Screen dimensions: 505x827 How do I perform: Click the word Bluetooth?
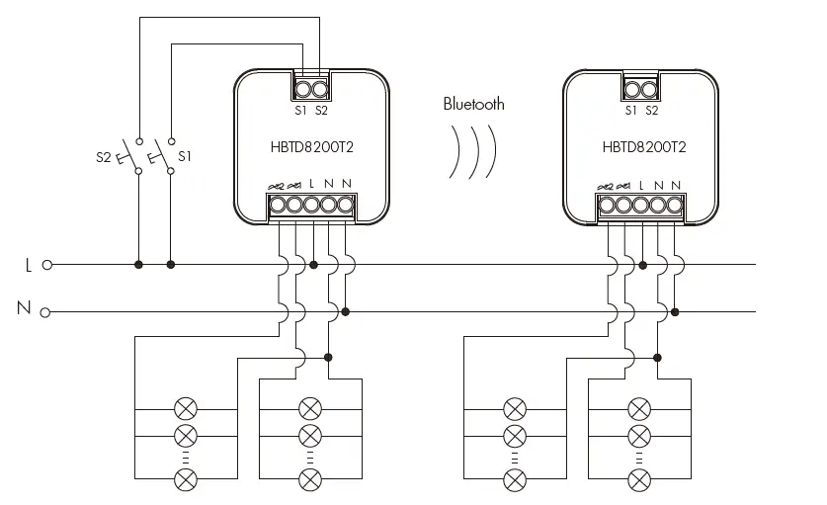[473, 104]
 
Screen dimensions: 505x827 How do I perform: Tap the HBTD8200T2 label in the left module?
[314, 148]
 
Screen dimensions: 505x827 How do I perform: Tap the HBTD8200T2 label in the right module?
[644, 148]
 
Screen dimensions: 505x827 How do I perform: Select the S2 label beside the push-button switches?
[103, 156]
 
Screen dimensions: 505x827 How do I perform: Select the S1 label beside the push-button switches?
[185, 156]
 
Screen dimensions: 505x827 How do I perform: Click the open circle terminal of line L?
[46, 265]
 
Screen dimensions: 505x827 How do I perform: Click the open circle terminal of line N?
[46, 312]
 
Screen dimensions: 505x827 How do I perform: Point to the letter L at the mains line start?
[28, 265]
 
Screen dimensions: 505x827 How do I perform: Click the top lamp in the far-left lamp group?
[185, 407]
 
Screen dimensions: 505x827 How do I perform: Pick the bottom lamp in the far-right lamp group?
[640, 480]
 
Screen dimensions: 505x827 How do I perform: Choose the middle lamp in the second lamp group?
[310, 435]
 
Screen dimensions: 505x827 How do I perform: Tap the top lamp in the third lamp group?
[515, 407]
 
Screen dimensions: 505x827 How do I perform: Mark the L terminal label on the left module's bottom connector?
[312, 185]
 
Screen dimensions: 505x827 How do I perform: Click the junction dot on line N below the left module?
[345, 312]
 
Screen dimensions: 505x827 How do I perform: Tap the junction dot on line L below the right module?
[642, 265]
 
